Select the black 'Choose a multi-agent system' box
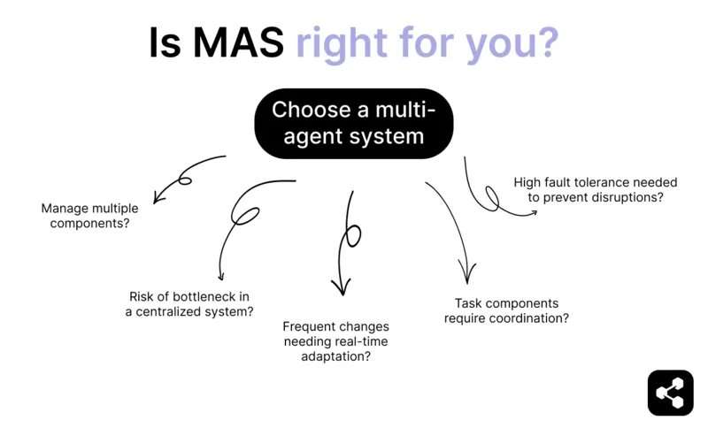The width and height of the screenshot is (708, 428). pos(354,123)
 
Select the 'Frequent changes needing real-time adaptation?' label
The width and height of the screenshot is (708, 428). pos(335,341)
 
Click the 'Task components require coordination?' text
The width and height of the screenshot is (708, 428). pos(506,310)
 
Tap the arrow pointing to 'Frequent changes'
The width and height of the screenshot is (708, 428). pos(347,239)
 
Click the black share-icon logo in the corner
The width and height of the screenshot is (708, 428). pos(670,392)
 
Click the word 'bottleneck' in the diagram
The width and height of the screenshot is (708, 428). pos(202,295)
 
